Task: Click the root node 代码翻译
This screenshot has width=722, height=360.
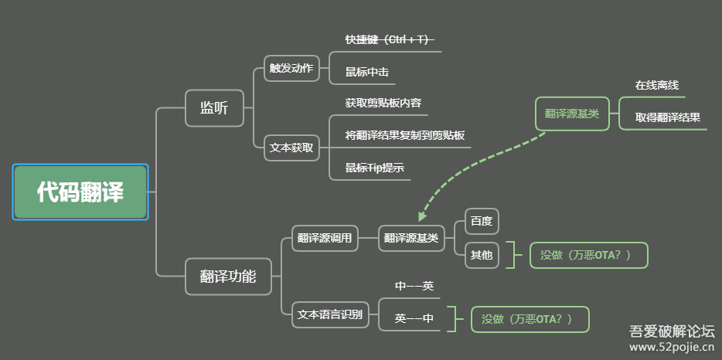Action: [80, 192]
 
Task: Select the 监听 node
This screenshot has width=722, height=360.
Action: [214, 107]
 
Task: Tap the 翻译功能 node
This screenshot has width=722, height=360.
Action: [228, 276]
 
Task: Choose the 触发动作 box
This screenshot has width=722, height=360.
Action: [291, 68]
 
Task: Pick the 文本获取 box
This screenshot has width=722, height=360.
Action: [291, 147]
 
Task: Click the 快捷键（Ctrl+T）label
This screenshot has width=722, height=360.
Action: [389, 39]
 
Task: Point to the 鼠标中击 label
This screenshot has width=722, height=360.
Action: [366, 72]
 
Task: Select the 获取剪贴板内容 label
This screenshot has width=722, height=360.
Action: [383, 103]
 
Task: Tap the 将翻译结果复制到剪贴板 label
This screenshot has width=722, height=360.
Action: [404, 135]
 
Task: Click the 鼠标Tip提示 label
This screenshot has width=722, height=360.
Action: [374, 168]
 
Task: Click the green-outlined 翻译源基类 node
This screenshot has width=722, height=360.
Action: [572, 114]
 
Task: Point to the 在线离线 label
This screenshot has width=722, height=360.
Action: [656, 85]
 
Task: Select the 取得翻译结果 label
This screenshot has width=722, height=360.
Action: [668, 117]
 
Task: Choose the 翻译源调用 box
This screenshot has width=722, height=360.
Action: [325, 238]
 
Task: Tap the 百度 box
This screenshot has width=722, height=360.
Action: [481, 222]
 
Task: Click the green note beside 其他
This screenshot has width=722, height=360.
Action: [588, 255]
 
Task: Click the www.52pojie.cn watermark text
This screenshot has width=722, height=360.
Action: [671, 348]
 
